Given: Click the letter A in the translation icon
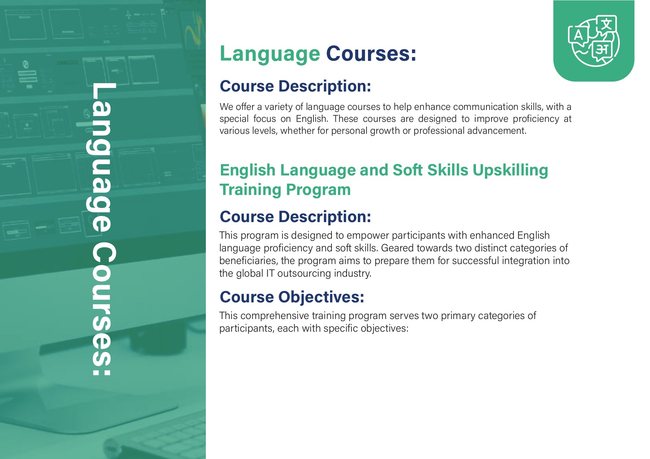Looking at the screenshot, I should [x=578, y=35].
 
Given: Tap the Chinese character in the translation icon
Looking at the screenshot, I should [x=606, y=24].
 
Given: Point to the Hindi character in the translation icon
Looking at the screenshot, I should [x=602, y=49].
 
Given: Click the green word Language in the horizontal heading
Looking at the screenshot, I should [x=270, y=54].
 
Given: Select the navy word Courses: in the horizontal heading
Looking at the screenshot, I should [x=371, y=54].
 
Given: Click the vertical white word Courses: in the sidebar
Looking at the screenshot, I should [x=104, y=310].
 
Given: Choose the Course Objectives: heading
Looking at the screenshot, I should [x=292, y=297].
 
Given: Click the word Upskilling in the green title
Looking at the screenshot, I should [x=510, y=170].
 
